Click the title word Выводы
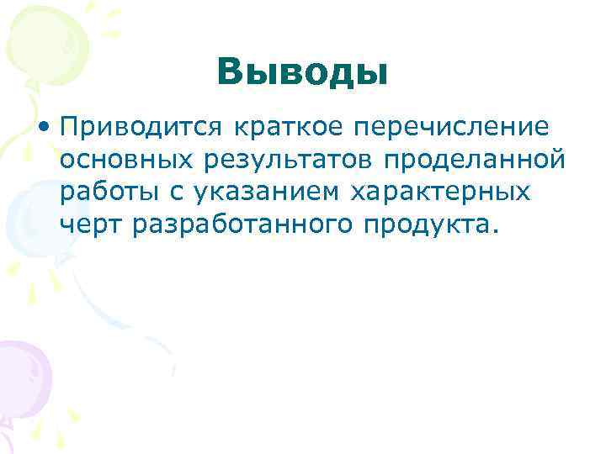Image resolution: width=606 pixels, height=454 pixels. [x=302, y=72]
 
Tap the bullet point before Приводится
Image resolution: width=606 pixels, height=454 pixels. [x=42, y=128]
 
